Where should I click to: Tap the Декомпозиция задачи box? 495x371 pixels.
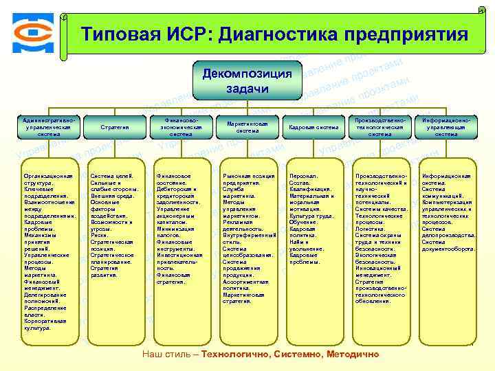(x=247, y=80)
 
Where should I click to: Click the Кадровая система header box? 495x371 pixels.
(x=313, y=127)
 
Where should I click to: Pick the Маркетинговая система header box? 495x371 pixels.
(x=247, y=127)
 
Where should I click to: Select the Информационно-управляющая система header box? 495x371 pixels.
(x=447, y=127)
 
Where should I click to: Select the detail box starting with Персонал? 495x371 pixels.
(x=313, y=219)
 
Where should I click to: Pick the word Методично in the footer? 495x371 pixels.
(x=351, y=354)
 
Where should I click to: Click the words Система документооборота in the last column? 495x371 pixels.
(x=448, y=245)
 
